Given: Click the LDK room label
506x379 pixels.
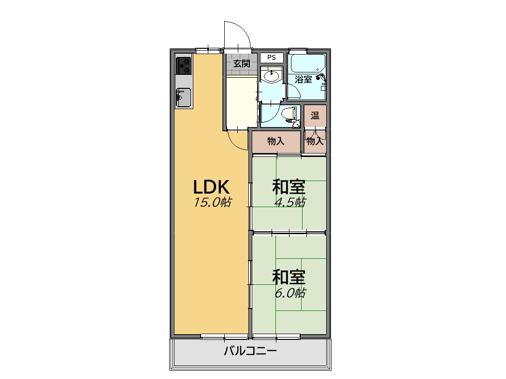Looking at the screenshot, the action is pos(211,186).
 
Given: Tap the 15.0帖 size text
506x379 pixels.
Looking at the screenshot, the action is pos(212,202).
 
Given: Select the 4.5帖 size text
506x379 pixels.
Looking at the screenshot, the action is pos(289,202).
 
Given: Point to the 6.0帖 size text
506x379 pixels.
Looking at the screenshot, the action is pos(289,293).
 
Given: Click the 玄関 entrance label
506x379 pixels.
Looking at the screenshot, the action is pos(242,64).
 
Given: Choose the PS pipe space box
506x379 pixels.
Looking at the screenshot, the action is pos(272,57).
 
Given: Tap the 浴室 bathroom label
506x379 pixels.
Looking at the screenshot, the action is pos(304,79).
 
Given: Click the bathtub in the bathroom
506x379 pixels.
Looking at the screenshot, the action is pos(308,64).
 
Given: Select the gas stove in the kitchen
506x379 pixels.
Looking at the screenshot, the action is pos(184,66).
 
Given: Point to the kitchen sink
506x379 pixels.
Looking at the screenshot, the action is pos(183,98).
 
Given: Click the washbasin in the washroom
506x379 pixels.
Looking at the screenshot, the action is pos(272,76).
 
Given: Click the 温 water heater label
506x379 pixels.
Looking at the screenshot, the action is pos(315,115).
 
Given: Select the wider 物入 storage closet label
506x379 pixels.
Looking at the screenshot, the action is pos(276,141).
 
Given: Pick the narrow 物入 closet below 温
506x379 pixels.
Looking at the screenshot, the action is pos(315,141).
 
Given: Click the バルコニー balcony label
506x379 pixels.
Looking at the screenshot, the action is pos(250,351).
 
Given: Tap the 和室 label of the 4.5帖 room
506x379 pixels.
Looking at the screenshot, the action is pos(289,186).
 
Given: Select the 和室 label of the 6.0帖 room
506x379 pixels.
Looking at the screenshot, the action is pos(289,277).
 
